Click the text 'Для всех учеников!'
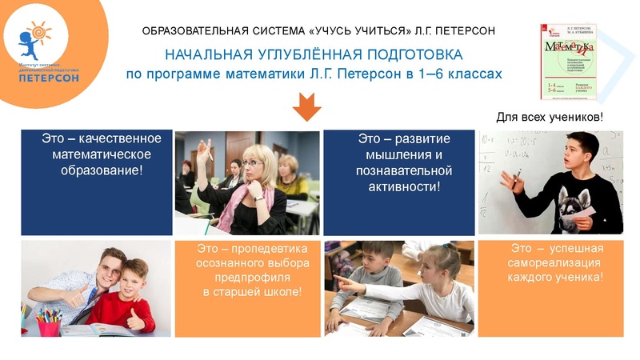(550, 118)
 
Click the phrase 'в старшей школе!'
(252, 292)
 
